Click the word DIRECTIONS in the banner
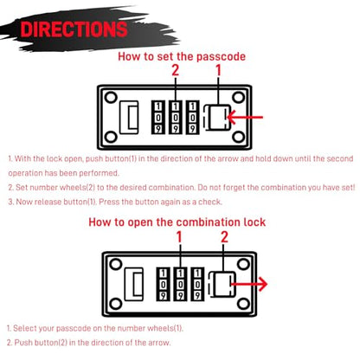(74, 29)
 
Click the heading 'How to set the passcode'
(182, 56)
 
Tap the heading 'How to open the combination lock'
(177, 222)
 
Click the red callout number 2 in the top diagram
(175, 70)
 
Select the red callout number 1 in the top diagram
(218, 70)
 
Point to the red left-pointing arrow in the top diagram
(245, 117)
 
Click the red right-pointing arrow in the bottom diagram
(249, 284)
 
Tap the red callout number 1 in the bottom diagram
(179, 237)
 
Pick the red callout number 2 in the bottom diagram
(224, 237)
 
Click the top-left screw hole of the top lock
(111, 97)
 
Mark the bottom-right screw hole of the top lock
(238, 137)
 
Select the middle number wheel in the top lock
(176, 117)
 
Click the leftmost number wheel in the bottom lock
(163, 284)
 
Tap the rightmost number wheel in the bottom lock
(197, 284)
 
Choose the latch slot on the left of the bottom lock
(134, 284)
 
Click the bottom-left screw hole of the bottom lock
(115, 304)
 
